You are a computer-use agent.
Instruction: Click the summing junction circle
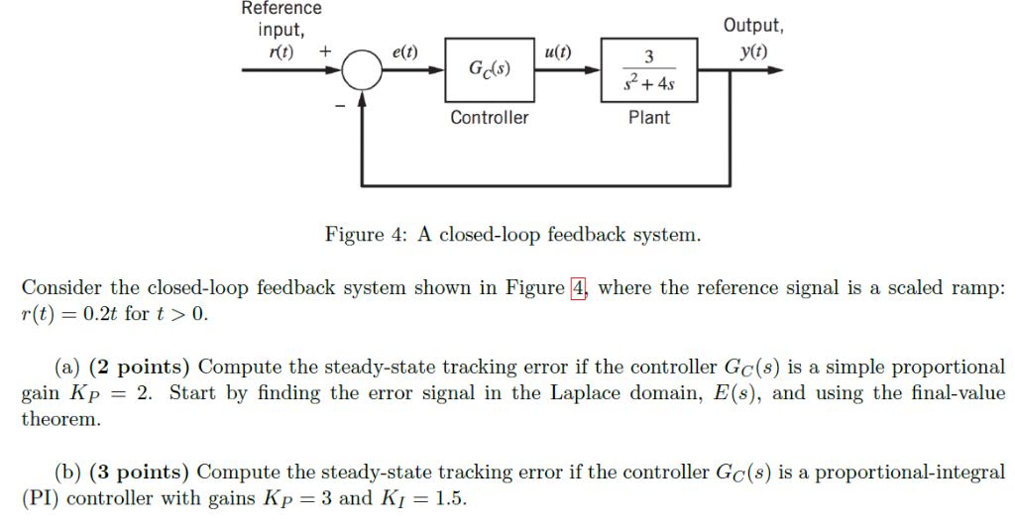[362, 71]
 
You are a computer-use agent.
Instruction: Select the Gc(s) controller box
[490, 70]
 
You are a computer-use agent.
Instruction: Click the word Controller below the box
[490, 118]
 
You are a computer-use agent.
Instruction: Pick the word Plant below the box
[649, 118]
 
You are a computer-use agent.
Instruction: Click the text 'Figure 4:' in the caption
[368, 235]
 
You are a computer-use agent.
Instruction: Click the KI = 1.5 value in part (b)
[420, 498]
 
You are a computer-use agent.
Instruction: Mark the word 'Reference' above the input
[282, 9]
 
